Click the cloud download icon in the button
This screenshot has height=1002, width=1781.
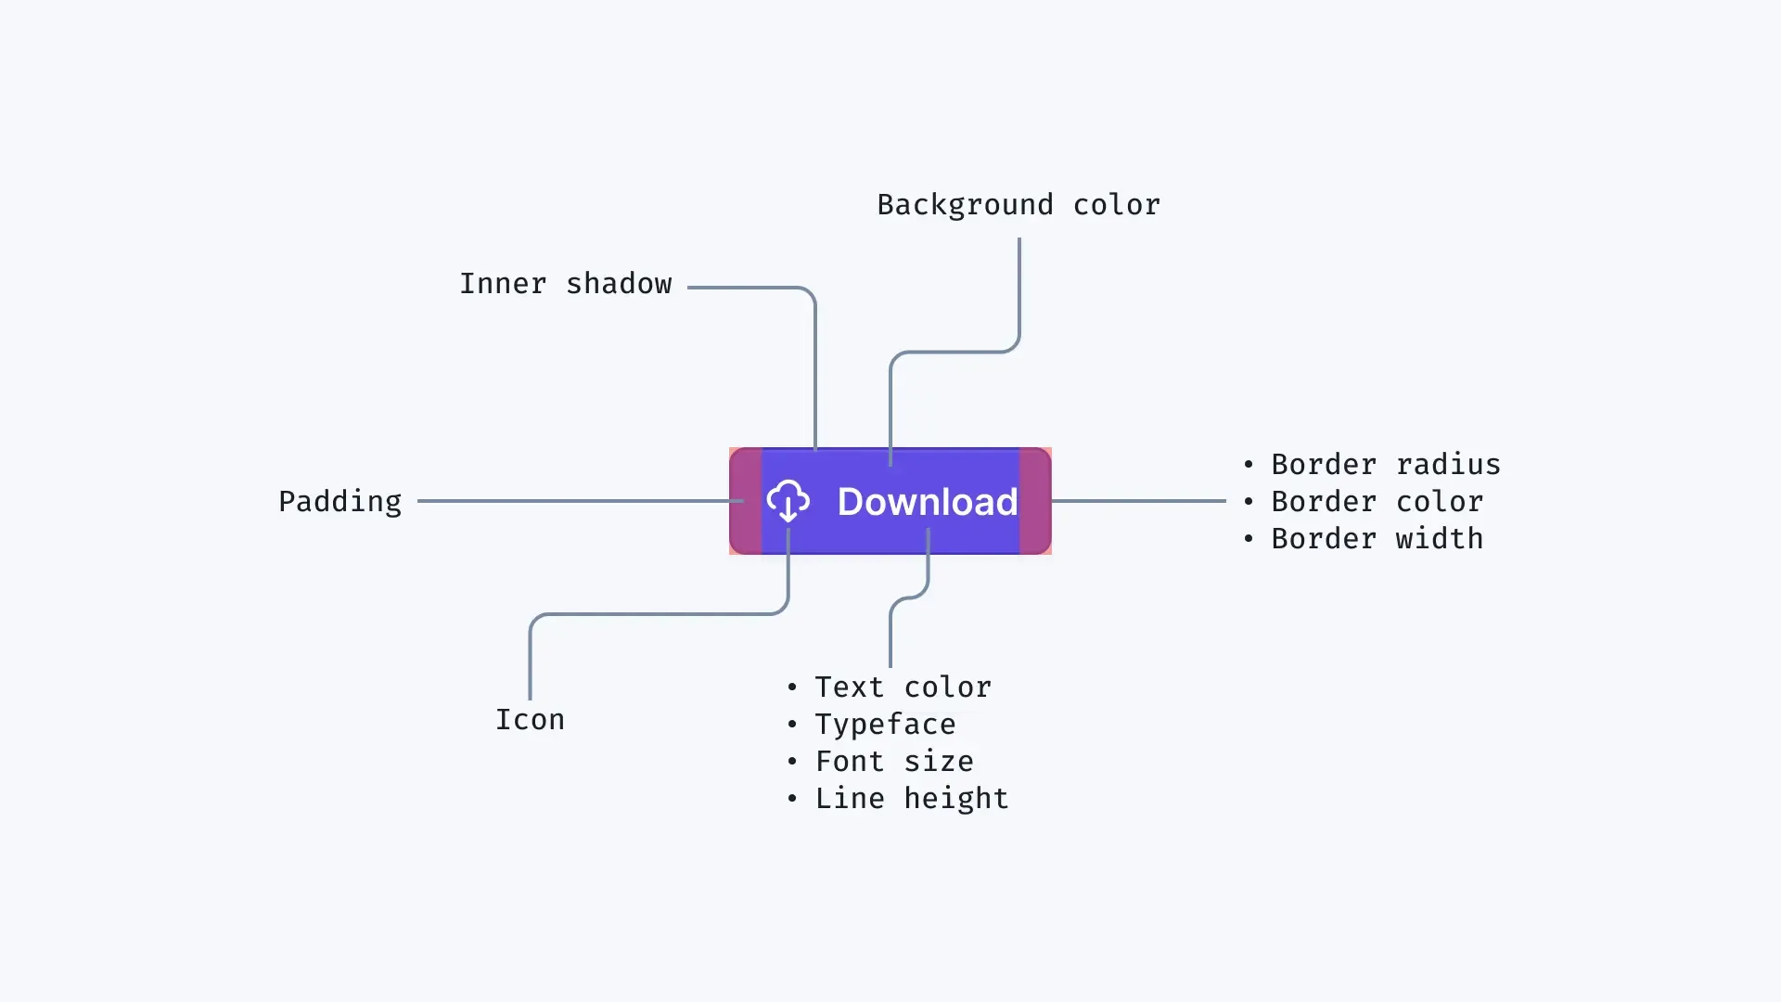pos(788,501)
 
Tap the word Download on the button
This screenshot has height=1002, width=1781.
pos(927,502)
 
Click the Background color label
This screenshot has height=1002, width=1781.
pos(1019,205)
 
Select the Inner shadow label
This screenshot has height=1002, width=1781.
pos(565,284)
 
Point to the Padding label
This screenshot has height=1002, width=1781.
pos(340,502)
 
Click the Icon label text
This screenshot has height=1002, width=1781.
pos(530,720)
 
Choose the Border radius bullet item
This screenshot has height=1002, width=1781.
pos(1385,465)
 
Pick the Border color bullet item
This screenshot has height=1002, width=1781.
pos(1377,502)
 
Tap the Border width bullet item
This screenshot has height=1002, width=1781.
pos(1377,539)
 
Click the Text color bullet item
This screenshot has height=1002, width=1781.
pos(903,687)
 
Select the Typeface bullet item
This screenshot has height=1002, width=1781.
pos(885,725)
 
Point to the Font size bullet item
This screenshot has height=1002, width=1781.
pos(894,762)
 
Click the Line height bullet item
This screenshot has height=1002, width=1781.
pos(911,799)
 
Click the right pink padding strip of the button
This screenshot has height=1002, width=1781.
pos(1035,501)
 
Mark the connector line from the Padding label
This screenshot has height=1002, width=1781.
pos(575,501)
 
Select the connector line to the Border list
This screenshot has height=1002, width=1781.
pos(1139,501)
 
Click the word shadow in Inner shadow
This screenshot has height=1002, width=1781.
pos(619,284)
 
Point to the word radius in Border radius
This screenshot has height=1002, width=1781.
pos(1448,465)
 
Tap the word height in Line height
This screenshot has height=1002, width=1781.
pos(955,799)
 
